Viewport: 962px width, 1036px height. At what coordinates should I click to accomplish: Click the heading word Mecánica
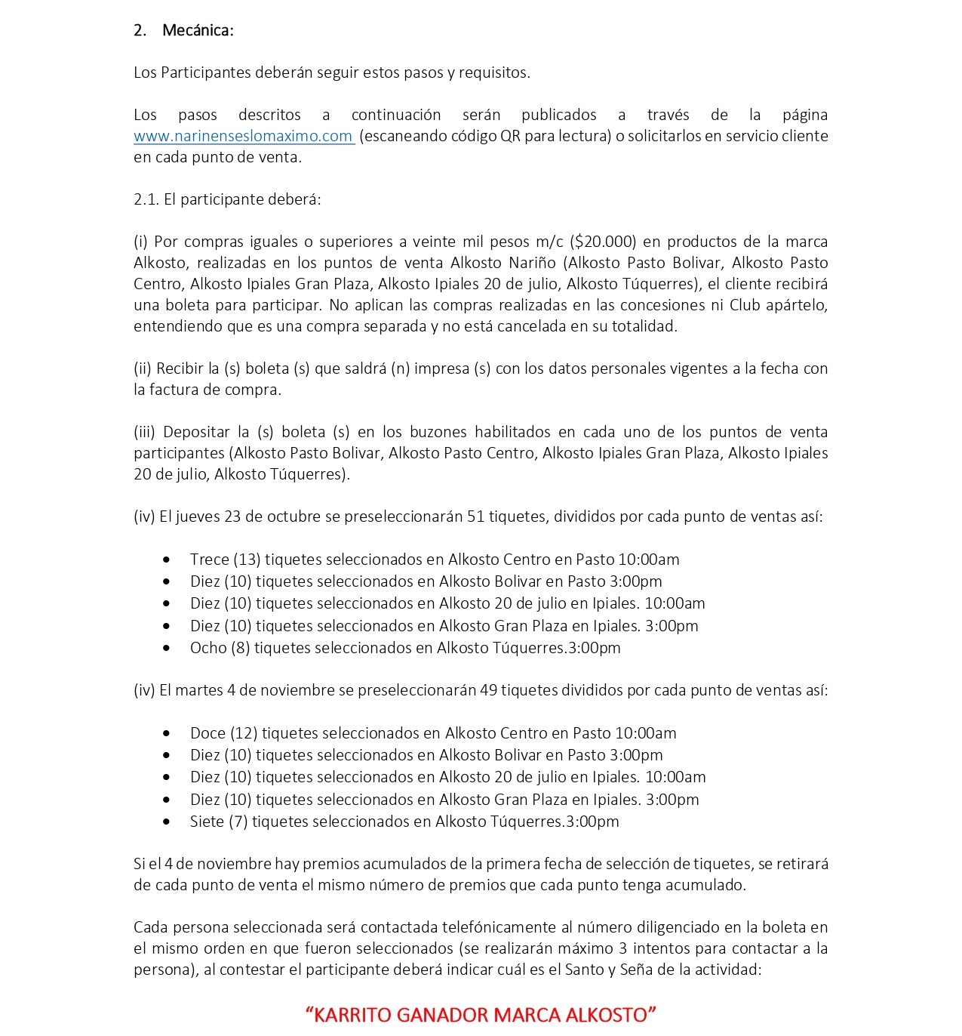point(198,30)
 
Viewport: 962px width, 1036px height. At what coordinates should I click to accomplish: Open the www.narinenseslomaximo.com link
point(243,136)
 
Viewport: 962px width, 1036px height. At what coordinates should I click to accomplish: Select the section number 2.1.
point(146,199)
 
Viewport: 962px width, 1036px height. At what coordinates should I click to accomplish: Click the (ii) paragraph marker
point(143,368)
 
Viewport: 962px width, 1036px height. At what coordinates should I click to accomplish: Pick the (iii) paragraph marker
point(144,432)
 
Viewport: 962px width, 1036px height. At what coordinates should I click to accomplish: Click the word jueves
point(197,516)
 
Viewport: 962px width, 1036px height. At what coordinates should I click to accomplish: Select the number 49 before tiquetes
point(487,690)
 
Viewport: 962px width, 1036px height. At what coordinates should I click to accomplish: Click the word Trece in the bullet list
point(208,560)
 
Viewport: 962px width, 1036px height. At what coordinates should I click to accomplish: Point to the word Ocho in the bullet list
point(208,648)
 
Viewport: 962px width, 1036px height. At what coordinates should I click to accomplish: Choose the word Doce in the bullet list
point(207,733)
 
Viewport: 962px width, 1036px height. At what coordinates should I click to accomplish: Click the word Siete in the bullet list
point(207,822)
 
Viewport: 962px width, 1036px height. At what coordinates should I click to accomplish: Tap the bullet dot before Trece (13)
point(167,560)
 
